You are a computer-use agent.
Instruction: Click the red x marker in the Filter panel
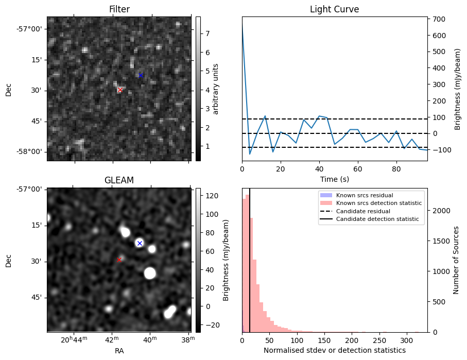[120, 90]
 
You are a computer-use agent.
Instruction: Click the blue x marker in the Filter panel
[141, 75]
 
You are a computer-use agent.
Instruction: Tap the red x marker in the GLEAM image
[119, 260]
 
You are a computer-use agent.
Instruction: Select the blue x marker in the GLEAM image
[140, 243]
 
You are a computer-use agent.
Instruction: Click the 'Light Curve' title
[334, 10]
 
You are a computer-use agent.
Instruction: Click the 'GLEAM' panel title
[119, 180]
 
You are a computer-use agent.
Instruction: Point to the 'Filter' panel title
[119, 10]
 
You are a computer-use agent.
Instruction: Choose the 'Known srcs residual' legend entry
[365, 196]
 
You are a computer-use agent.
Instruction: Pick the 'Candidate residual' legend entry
[363, 212]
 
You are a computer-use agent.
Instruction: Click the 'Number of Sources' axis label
[456, 260]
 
